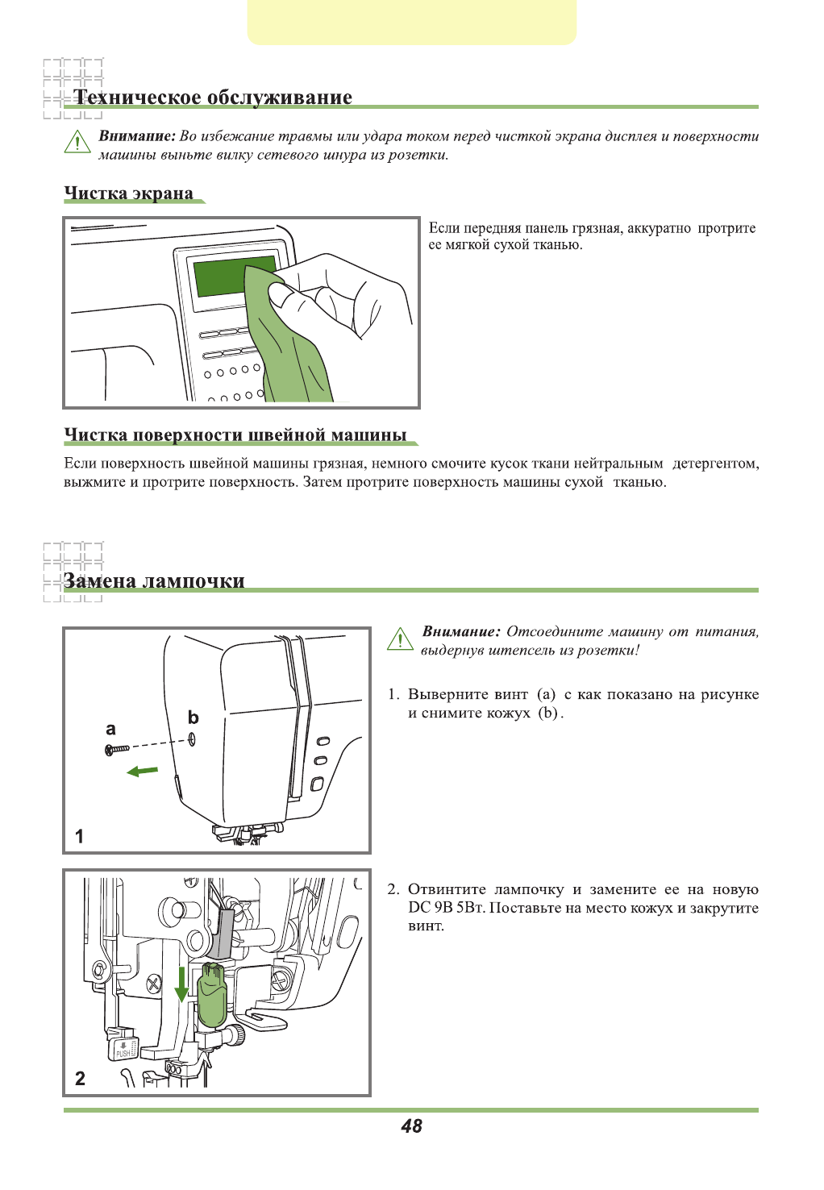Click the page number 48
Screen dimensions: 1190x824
[x=411, y=1126]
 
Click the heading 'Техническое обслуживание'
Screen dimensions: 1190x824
[x=213, y=98]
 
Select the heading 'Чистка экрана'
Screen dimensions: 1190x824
[x=129, y=193]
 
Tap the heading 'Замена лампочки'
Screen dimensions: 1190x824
[x=154, y=581]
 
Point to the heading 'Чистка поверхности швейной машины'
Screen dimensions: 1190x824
[x=235, y=435]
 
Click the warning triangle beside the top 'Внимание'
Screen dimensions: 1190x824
[x=77, y=143]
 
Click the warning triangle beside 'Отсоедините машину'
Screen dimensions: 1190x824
[x=400, y=639]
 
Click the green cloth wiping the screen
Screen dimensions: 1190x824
[x=290, y=347]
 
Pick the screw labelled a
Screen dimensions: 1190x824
[x=117, y=750]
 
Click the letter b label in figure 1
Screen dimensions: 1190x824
[x=193, y=718]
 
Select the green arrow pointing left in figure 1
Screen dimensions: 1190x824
[x=143, y=772]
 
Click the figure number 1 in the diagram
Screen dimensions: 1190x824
[x=79, y=836]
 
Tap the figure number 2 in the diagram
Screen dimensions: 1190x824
[x=80, y=1078]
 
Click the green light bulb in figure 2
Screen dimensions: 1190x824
[x=213, y=995]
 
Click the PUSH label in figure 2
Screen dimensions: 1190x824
[x=123, y=1052]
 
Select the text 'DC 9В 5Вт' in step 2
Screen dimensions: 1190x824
[x=446, y=908]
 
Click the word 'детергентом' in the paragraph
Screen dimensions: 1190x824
[x=714, y=464]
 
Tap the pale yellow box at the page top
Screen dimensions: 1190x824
[x=412, y=22]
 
